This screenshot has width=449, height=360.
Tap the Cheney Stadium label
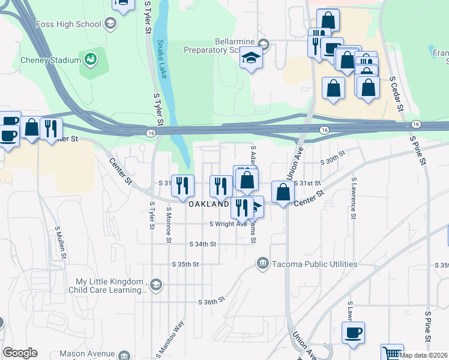click(x=50, y=60)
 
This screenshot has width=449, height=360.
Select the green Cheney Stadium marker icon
click(x=91, y=59)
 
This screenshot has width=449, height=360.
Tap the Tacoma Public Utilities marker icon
click(x=262, y=263)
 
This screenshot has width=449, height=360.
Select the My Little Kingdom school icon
click(x=156, y=284)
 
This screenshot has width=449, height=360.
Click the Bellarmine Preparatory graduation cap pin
click(x=252, y=59)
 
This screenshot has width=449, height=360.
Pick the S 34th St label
click(x=202, y=244)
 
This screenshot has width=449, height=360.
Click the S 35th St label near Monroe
click(x=185, y=264)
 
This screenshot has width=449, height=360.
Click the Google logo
click(x=20, y=353)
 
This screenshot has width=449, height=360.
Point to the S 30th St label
click(x=334, y=157)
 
